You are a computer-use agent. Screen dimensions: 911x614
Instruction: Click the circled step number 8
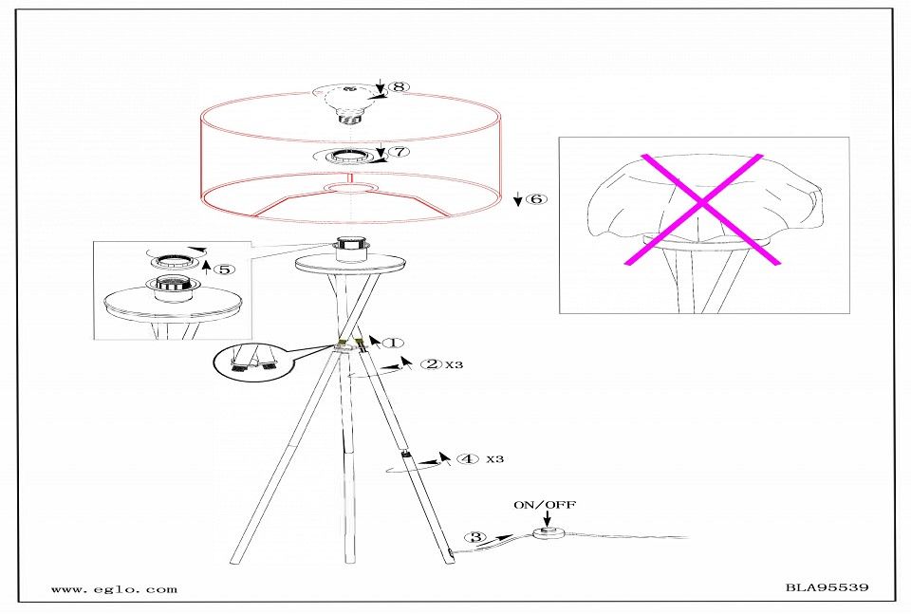point(398,86)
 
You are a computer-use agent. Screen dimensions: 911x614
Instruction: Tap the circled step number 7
point(400,152)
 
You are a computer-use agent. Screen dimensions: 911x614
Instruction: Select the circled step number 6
point(537,199)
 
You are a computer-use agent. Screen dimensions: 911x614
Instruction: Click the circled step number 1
point(393,343)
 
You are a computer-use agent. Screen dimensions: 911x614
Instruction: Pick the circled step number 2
point(432,364)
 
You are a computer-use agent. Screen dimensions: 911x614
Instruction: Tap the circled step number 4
point(468,459)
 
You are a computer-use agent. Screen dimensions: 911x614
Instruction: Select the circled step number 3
point(475,537)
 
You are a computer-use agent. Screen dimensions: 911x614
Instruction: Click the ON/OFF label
point(545,505)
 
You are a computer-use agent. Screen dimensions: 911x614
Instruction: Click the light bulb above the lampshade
point(348,103)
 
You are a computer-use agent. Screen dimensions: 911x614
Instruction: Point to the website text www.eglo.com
point(115,589)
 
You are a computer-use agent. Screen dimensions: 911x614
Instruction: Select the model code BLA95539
point(827,586)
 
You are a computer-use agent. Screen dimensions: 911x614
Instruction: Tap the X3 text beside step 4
point(495,459)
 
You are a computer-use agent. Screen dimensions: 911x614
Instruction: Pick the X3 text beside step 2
point(455,364)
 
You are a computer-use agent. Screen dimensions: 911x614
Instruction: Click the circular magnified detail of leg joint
point(252,362)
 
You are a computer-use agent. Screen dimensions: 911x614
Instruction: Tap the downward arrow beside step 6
point(517,200)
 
